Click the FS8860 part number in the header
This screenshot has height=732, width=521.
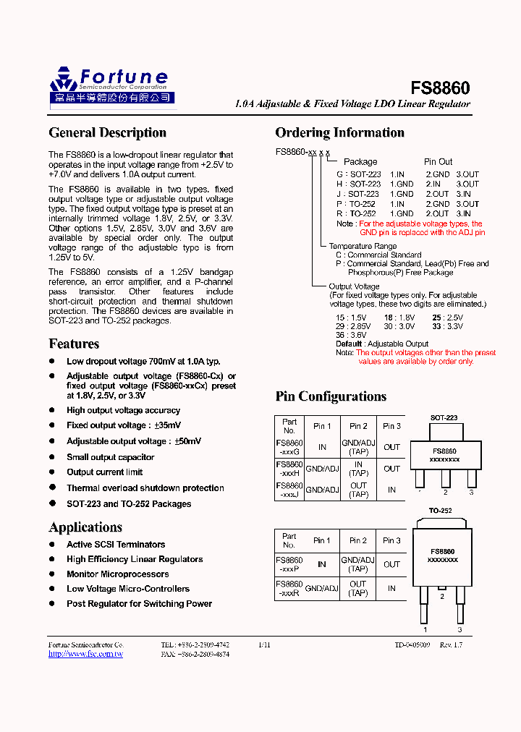click(x=440, y=88)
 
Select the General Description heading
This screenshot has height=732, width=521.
click(x=107, y=132)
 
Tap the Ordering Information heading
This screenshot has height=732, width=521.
click(x=339, y=132)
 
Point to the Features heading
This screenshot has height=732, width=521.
click(x=74, y=344)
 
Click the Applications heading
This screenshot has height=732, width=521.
click(x=85, y=527)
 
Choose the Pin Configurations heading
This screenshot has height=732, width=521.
click(x=331, y=396)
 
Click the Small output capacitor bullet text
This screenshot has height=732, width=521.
click(x=110, y=457)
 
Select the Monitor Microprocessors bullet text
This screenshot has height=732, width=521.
click(x=117, y=574)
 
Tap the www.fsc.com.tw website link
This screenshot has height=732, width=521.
click(x=85, y=654)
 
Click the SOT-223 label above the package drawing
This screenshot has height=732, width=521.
click(x=444, y=418)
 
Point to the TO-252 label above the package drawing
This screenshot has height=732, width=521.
click(x=440, y=511)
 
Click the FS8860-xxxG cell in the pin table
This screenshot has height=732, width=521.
click(x=289, y=447)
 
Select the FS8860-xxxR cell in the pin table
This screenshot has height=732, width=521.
click(x=289, y=588)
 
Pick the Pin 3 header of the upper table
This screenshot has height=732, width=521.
click(x=391, y=426)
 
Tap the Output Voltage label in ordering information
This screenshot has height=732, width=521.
click(x=354, y=287)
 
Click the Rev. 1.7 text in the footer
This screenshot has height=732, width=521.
click(x=452, y=644)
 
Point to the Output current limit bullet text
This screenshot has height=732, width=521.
click(x=105, y=472)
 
